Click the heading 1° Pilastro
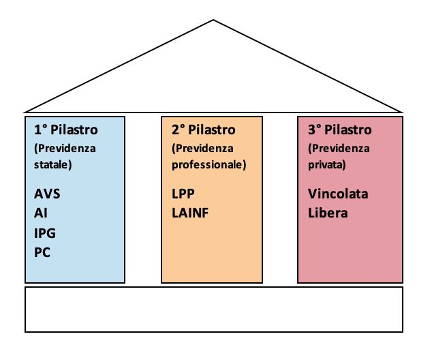click(66, 130)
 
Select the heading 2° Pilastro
click(204, 130)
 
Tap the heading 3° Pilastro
click(340, 130)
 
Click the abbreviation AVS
click(48, 194)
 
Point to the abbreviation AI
click(41, 213)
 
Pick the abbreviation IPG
click(45, 232)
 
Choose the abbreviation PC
click(42, 252)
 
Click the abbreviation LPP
click(184, 194)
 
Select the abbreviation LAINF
click(191, 213)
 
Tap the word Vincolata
click(338, 194)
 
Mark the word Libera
click(328, 213)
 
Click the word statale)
click(53, 164)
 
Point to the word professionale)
click(209, 164)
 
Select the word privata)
click(327, 164)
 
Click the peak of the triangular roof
click(214, 20)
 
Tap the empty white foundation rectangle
click(214, 310)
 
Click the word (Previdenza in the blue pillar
click(65, 148)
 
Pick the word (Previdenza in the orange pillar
click(203, 148)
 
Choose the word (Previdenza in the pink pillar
click(339, 148)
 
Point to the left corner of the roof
click(25, 111)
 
